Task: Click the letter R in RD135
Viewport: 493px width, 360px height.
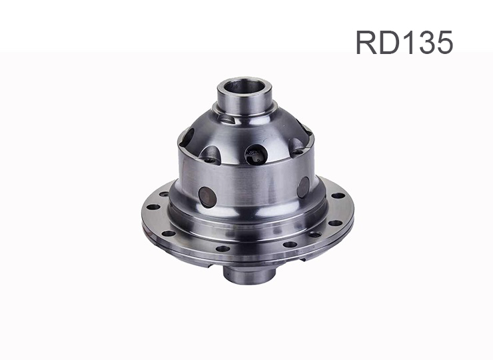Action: click(x=366, y=42)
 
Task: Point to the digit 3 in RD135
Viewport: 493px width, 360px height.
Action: click(x=424, y=42)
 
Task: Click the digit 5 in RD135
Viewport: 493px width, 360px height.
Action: click(x=444, y=43)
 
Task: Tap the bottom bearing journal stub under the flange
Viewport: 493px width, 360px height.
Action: click(x=249, y=275)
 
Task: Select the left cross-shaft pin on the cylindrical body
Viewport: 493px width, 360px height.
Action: click(x=207, y=197)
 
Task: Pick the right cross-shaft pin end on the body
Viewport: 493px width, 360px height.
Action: click(x=303, y=187)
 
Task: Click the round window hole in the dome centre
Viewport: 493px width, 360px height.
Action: click(x=256, y=155)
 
